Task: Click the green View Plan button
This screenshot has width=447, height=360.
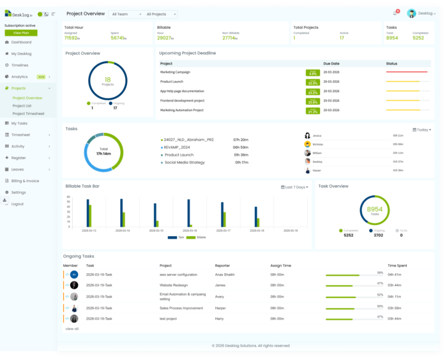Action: pyautogui.click(x=21, y=33)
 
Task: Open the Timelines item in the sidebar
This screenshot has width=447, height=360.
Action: pyautogui.click(x=20, y=65)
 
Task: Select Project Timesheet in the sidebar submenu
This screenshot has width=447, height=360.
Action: pyautogui.click(x=29, y=114)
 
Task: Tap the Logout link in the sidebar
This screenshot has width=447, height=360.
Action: pyautogui.click(x=17, y=204)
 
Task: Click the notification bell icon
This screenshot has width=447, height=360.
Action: pyautogui.click(x=395, y=13)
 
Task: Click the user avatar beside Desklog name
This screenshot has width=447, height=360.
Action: pyautogui.click(x=412, y=13)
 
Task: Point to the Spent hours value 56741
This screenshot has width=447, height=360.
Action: pyautogui.click(x=117, y=38)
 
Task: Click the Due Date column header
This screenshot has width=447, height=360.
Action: pyautogui.click(x=331, y=64)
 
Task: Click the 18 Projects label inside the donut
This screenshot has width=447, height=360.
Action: pyautogui.click(x=107, y=81)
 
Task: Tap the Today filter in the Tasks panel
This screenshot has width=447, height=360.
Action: pyautogui.click(x=421, y=130)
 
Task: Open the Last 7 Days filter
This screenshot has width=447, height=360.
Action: pyautogui.click(x=295, y=187)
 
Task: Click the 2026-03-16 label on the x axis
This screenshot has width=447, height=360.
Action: pyautogui.click(x=190, y=230)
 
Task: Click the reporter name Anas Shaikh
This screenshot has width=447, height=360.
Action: pyautogui.click(x=224, y=274)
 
